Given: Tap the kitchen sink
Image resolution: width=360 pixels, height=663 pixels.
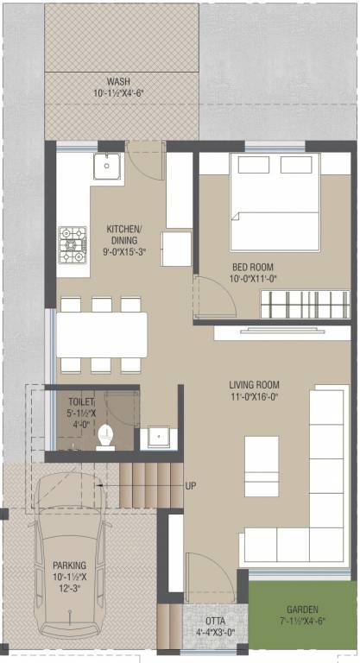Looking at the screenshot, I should tap(108, 165).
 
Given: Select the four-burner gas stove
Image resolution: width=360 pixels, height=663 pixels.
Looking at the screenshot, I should tap(72, 244).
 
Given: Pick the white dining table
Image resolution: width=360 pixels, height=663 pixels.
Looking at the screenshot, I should tap(102, 334).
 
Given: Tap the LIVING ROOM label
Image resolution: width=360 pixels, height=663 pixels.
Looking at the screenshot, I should tap(266, 384).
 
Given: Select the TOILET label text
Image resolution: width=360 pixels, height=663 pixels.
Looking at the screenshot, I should tap(83, 401).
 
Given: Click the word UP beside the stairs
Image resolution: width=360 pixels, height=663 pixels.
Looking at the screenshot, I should tap(191, 485).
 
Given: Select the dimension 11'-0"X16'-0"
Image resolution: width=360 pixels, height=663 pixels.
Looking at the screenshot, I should tap(266, 397).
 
